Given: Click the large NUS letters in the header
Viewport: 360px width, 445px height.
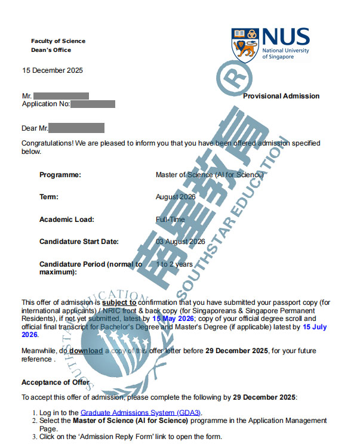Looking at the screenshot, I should [285, 38].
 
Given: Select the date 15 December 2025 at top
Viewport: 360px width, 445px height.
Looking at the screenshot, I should [53, 70].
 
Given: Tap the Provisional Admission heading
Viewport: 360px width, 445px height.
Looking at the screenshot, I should [281, 96].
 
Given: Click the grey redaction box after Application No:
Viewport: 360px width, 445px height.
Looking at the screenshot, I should [93, 104].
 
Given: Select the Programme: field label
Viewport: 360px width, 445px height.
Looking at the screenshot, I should [60, 175].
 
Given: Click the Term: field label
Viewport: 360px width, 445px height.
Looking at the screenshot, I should [49, 197].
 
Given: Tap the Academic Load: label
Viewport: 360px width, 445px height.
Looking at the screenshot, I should [67, 219].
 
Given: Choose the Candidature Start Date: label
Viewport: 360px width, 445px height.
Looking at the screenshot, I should [79, 242].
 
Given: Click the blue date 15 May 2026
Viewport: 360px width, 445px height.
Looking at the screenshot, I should [174, 319].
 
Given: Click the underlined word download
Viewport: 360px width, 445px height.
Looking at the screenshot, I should [86, 351].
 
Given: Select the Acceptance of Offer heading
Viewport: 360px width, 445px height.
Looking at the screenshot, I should [56, 382].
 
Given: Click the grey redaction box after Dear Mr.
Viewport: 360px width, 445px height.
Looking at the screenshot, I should [76, 128].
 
